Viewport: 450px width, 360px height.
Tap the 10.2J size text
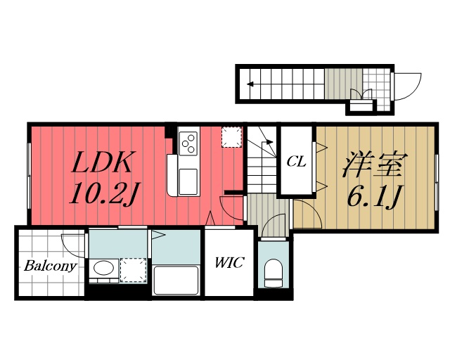104,194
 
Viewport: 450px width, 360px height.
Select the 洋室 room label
375,164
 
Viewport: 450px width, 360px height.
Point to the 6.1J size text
373,197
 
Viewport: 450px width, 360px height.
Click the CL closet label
296,162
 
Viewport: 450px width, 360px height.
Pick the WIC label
229,262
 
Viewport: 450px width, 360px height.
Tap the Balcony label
50,266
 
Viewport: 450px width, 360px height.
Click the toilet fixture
274,273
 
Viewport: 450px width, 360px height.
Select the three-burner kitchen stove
188,143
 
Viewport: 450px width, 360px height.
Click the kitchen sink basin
188,182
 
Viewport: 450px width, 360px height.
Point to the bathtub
176,281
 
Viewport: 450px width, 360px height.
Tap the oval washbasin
103,268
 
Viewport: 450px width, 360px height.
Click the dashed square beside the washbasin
133,270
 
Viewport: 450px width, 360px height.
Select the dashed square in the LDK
231,137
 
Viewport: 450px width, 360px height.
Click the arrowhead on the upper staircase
250,84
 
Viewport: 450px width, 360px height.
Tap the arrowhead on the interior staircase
269,141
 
